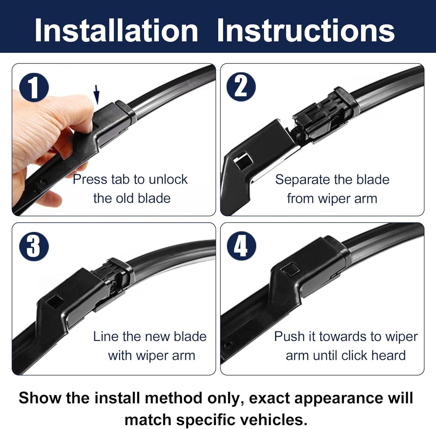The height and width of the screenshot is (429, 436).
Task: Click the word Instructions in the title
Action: click(x=305, y=31)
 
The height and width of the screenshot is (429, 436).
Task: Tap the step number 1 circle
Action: click(x=34, y=87)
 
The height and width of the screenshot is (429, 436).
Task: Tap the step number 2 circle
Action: click(x=241, y=87)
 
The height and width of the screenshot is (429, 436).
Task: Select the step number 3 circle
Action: click(x=34, y=246)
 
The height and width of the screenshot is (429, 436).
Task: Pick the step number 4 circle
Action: click(x=241, y=246)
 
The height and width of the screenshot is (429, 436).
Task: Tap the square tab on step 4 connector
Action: click(x=291, y=270)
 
